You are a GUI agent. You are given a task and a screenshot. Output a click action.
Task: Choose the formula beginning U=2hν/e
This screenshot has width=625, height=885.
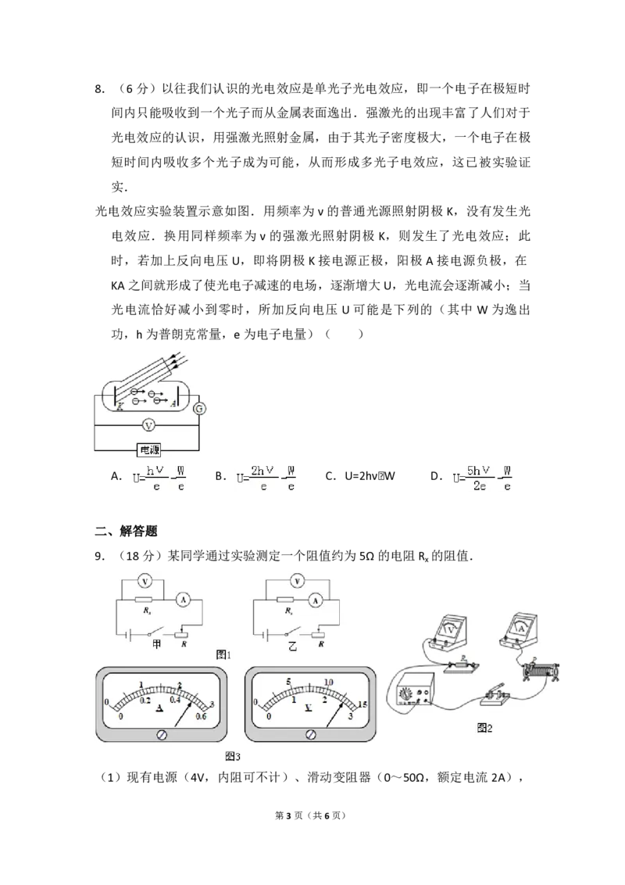pos(266,478)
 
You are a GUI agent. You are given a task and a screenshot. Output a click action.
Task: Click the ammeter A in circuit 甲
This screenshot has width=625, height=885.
pos(183,600)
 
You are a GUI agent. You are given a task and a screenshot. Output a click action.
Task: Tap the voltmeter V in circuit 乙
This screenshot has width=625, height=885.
pos(296,580)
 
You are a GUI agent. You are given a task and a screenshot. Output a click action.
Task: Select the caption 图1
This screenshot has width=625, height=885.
pos(224,654)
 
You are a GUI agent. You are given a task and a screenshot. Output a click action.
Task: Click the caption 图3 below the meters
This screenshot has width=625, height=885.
pos(232,756)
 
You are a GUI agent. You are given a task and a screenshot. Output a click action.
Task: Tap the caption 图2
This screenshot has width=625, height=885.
pos(485,728)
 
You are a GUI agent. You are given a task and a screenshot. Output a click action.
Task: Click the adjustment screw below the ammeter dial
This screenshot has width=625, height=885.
pos(161,735)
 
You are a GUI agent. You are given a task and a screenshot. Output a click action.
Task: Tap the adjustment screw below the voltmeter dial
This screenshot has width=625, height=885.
pos(311,735)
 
